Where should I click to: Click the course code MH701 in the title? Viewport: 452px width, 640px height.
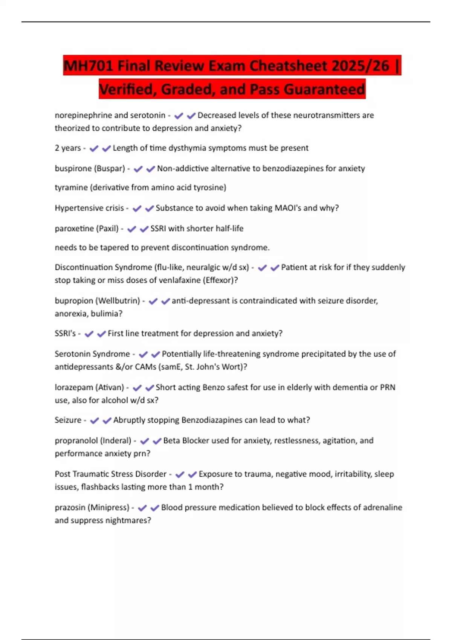[88, 66]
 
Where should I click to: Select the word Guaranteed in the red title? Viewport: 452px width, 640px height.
[324, 90]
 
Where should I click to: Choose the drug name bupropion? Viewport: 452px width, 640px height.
[73, 301]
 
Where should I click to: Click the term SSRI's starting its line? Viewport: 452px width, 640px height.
[65, 334]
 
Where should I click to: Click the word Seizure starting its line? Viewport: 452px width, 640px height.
[68, 420]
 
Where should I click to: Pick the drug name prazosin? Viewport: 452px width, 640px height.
[70, 507]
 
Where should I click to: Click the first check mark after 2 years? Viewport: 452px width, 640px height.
[94, 148]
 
